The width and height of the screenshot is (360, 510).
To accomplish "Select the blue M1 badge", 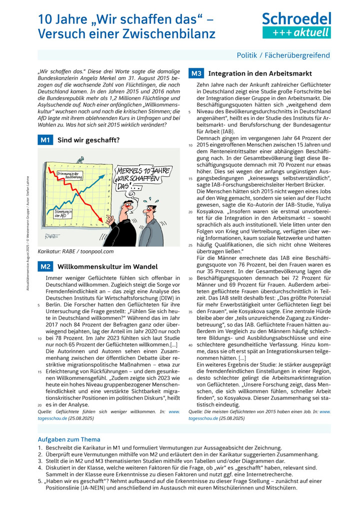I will (x=45, y=140).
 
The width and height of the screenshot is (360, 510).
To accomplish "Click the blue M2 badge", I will (x=45, y=266).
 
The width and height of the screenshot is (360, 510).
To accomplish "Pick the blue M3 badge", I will (x=195, y=74).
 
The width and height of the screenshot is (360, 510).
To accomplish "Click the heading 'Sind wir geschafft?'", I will (x=89, y=140).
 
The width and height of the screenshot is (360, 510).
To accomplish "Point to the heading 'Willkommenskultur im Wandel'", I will (x=107, y=266).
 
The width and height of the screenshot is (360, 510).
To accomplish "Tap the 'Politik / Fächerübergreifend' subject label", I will (x=283, y=55).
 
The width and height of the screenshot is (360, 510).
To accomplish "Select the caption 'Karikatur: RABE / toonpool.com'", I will (x=76, y=251).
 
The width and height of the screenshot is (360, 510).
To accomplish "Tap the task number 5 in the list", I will (x=40, y=480).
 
